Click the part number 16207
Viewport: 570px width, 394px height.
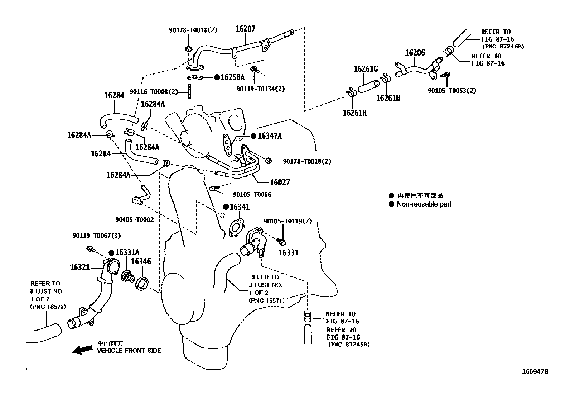[x=245, y=29]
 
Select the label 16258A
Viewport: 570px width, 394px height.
[x=232, y=77]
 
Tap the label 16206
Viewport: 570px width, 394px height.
[x=415, y=53]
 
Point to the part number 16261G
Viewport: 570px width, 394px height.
[x=366, y=69]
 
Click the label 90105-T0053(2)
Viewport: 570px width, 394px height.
[x=452, y=91]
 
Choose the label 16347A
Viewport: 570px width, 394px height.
[x=270, y=136]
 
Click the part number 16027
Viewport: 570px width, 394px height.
[x=280, y=182]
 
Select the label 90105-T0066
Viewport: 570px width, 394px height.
[x=252, y=195]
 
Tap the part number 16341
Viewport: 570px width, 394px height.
[x=240, y=207]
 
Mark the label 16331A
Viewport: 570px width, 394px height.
[x=127, y=252]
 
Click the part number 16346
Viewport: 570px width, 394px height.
[x=141, y=261]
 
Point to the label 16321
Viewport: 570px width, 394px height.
[x=79, y=267]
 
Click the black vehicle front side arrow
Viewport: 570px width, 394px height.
[x=82, y=350]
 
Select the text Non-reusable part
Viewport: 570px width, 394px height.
[x=424, y=204]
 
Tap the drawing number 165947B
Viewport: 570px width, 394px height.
[x=535, y=371]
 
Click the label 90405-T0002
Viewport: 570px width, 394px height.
[x=134, y=220]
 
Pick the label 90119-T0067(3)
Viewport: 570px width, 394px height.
[x=96, y=236]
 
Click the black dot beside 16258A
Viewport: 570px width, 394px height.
[x=217, y=77]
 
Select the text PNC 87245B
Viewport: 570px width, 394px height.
[x=350, y=345]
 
